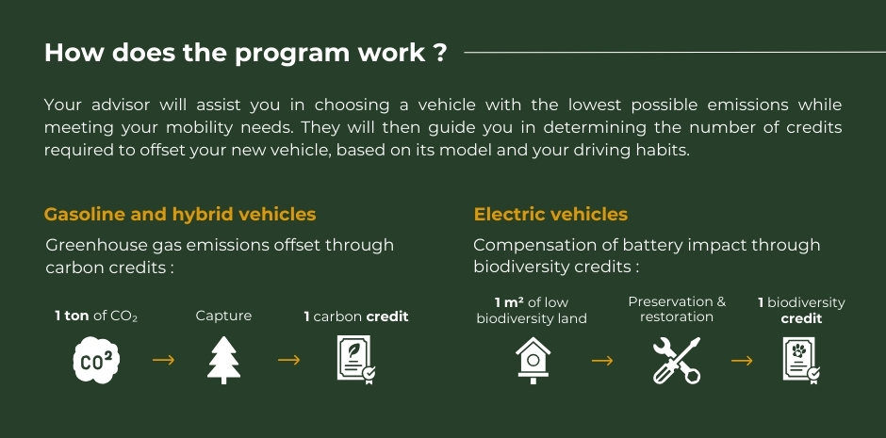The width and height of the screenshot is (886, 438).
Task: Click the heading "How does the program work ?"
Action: pyautogui.click(x=245, y=53)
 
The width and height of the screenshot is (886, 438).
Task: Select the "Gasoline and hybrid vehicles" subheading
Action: pyautogui.click(x=180, y=215)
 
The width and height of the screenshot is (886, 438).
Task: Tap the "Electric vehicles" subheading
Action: pyautogui.click(x=550, y=215)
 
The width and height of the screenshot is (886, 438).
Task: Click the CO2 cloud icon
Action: pyautogui.click(x=97, y=360)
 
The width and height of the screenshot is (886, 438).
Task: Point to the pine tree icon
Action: pyautogui.click(x=223, y=360)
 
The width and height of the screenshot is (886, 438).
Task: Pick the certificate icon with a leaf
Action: pyautogui.click(x=356, y=360)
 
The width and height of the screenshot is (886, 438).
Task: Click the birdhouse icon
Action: pyautogui.click(x=533, y=360)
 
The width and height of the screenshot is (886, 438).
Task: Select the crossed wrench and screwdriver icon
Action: pyautogui.click(x=677, y=360)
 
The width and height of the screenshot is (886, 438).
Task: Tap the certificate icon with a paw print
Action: pyautogui.click(x=801, y=360)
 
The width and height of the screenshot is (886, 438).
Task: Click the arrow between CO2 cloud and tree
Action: pyautogui.click(x=163, y=360)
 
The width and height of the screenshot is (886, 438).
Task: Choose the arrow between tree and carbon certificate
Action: pyautogui.click(x=288, y=360)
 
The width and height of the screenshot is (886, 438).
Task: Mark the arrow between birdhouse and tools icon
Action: pyautogui.click(x=602, y=360)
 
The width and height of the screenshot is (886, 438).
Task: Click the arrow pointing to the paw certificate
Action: pyautogui.click(x=742, y=360)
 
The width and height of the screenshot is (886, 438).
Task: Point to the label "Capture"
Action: pyautogui.click(x=223, y=316)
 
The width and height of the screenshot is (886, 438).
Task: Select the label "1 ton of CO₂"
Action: pyautogui.click(x=96, y=316)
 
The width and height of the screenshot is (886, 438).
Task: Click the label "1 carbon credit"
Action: pyautogui.click(x=356, y=316)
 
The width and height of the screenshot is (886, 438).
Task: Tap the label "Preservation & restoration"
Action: pyautogui.click(x=677, y=309)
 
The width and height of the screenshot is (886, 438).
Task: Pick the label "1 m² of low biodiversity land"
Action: pyautogui.click(x=532, y=311)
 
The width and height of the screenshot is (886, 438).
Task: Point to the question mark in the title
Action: pyautogui.click(x=442, y=53)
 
